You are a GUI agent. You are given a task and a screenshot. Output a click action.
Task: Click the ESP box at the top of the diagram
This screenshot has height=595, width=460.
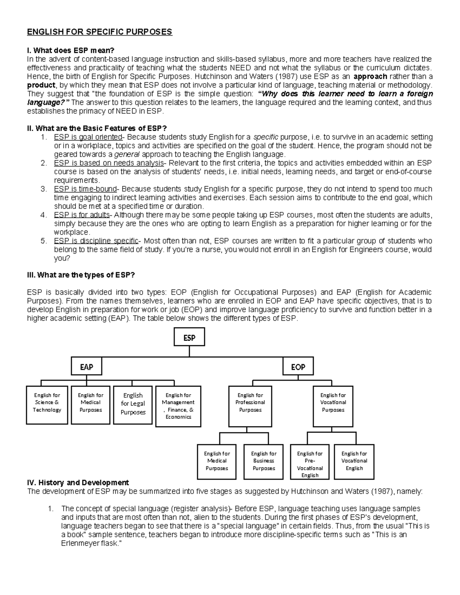tap(189, 338)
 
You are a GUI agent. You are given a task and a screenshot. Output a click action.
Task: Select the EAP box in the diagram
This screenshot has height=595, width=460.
tap(87, 367)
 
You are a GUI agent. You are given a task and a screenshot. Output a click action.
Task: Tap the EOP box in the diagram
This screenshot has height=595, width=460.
tap(298, 367)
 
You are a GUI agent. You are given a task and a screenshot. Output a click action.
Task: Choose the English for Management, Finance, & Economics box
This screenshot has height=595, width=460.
tap(178, 406)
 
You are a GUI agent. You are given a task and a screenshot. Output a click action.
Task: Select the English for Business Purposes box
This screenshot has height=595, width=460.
tap(263, 461)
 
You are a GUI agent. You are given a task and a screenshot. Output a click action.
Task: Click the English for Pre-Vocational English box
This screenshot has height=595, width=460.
tap(310, 462)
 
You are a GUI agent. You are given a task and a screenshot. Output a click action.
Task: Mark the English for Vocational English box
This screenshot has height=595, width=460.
tap(354, 461)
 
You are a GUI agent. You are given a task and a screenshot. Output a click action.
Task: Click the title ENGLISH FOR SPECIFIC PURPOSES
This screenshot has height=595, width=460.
tap(99, 32)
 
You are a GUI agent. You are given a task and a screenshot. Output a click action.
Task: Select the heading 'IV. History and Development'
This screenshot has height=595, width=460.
tap(78, 483)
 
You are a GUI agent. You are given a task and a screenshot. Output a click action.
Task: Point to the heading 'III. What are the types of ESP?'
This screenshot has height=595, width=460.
tap(81, 275)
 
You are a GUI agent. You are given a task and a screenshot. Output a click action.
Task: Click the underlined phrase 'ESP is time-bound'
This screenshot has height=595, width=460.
tap(85, 189)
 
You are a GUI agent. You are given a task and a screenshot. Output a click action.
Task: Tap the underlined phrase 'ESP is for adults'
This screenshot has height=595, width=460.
tap(82, 215)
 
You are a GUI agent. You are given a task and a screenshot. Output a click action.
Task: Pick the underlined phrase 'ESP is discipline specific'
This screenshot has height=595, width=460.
tap(96, 241)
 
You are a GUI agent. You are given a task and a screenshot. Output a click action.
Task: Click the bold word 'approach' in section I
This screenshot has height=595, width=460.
tap(370, 76)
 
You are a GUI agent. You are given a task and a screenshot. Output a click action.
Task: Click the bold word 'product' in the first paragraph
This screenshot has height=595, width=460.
tap(41, 85)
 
